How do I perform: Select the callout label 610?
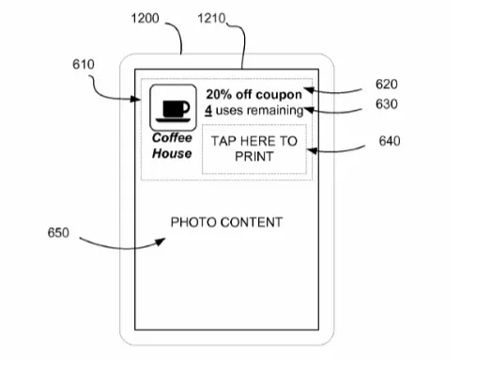coord(83,64)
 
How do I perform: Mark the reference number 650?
coord(59,230)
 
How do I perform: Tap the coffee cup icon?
coord(172,108)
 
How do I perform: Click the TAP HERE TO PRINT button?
coord(254,149)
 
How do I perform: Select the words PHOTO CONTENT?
coord(225,222)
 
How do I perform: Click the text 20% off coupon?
coord(254,95)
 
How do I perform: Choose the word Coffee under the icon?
coord(172,138)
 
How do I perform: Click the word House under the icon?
coord(172,153)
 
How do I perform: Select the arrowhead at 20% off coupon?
coord(306,92)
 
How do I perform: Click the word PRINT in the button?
coord(254,157)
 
